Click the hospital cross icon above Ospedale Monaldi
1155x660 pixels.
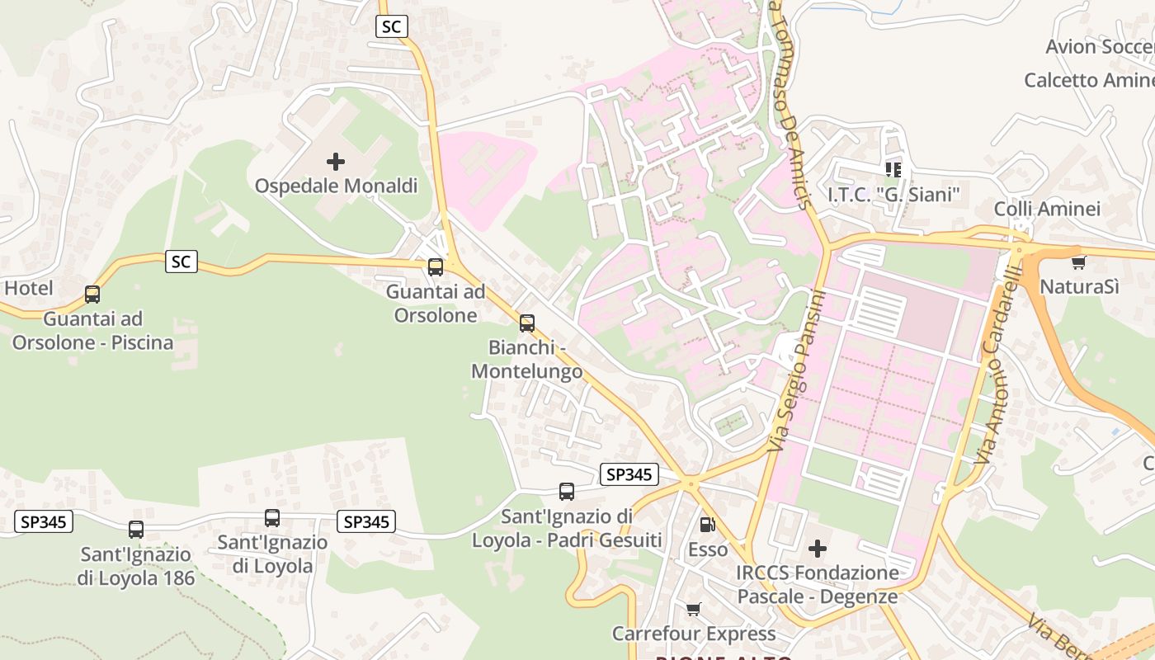click(x=336, y=161)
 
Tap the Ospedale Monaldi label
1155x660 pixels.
click(x=336, y=186)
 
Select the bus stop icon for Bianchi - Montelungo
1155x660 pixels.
click(x=527, y=323)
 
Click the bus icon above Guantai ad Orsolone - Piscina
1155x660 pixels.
click(x=92, y=294)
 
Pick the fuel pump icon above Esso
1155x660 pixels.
click(x=707, y=525)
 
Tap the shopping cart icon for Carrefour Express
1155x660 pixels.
click(x=694, y=609)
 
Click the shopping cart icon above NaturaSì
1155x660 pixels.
click(x=1078, y=262)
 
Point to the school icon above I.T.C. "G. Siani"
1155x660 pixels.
click(x=893, y=170)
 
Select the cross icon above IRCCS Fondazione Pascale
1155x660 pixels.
click(x=818, y=548)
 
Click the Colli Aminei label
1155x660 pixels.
click(x=1047, y=209)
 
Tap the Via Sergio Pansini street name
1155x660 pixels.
click(x=796, y=371)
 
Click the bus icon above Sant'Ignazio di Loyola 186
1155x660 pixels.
click(x=136, y=530)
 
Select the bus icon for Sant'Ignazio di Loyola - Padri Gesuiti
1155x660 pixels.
click(x=567, y=492)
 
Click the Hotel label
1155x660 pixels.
click(x=29, y=288)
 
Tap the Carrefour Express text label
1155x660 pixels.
click(x=694, y=634)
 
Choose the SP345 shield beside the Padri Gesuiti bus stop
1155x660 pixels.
click(x=629, y=474)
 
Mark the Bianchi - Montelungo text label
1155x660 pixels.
click(x=526, y=360)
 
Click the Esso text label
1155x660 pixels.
click(x=708, y=549)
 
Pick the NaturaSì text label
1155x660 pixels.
click(x=1079, y=286)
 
